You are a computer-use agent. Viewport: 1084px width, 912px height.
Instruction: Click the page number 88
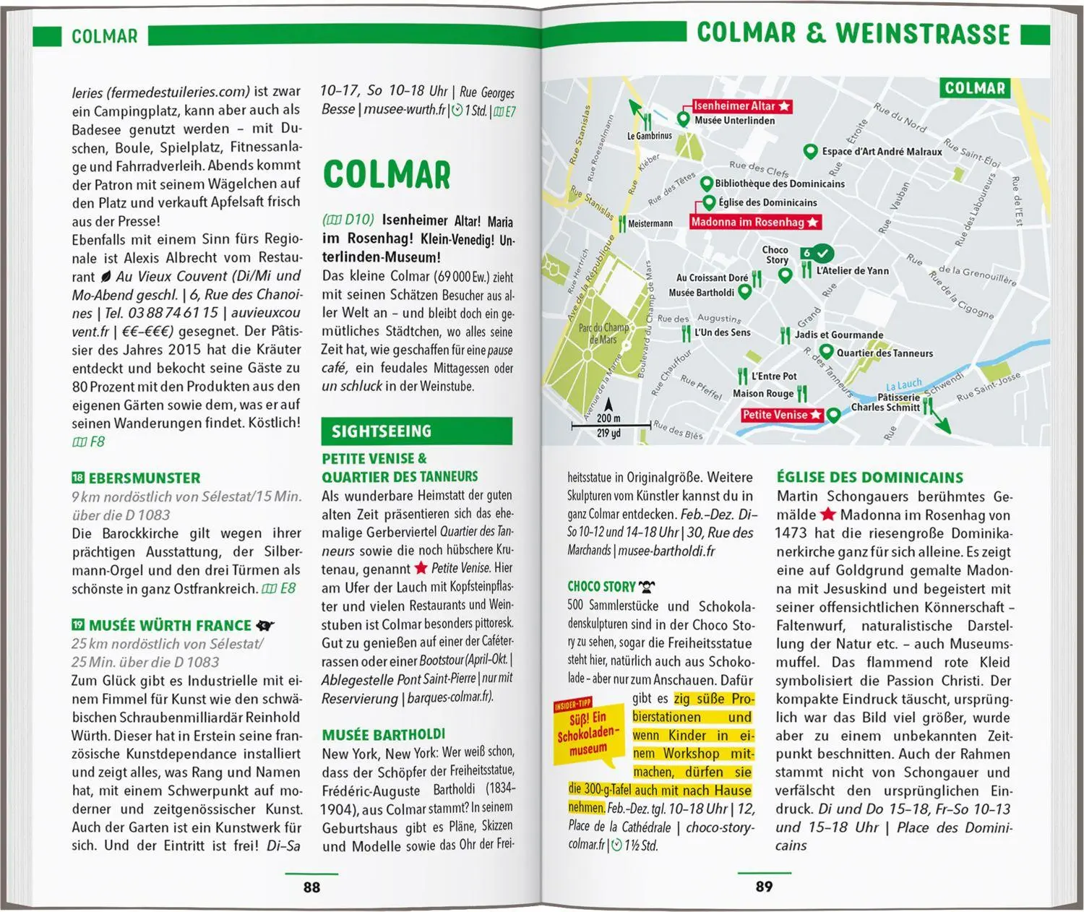311,887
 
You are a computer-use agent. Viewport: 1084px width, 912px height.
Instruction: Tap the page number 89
764,887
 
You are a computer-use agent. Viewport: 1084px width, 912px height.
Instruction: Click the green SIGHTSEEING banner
416,431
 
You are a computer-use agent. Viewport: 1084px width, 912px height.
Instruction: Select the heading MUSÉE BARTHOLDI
384,735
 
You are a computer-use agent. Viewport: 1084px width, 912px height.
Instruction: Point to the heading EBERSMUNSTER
144,478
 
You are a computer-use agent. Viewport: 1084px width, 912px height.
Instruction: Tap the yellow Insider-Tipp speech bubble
587,732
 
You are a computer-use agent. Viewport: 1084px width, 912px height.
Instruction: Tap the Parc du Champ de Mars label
603,333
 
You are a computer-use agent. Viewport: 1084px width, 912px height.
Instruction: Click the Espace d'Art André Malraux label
882,152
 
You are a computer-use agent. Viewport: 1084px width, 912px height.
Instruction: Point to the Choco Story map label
776,254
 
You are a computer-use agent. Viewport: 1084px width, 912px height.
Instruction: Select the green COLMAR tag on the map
975,88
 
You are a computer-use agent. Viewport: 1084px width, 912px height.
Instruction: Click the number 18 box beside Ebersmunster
78,478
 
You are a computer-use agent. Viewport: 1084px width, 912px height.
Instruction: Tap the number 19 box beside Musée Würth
78,625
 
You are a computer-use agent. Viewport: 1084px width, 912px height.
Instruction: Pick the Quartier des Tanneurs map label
885,353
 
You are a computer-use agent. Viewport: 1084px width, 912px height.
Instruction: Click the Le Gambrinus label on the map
649,135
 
